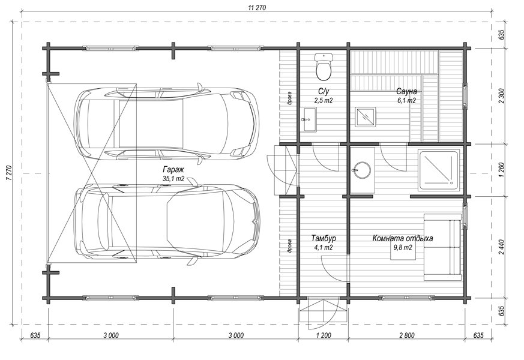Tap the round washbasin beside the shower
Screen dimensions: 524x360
coord(362,170)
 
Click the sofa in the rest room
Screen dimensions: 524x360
coord(443,247)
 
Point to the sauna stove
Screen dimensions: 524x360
coord(366,116)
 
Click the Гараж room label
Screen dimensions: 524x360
coord(173,169)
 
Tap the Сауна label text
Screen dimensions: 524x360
coord(406,92)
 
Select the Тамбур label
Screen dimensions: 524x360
coord(324,238)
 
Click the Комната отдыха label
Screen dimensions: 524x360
coord(403,238)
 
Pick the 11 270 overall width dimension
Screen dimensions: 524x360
coord(257,8)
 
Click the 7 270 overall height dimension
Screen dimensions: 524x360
coord(8,173)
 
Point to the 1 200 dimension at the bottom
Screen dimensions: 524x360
coord(323,335)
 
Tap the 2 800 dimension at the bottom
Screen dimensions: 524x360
coord(406,335)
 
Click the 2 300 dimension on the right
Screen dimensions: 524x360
coord(501,96)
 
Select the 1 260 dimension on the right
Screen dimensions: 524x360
coord(501,170)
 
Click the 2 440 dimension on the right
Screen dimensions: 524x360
coord(501,247)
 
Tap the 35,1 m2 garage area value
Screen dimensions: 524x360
coord(173,179)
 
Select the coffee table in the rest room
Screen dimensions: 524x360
coord(403,247)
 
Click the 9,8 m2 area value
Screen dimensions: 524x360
coord(403,247)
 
